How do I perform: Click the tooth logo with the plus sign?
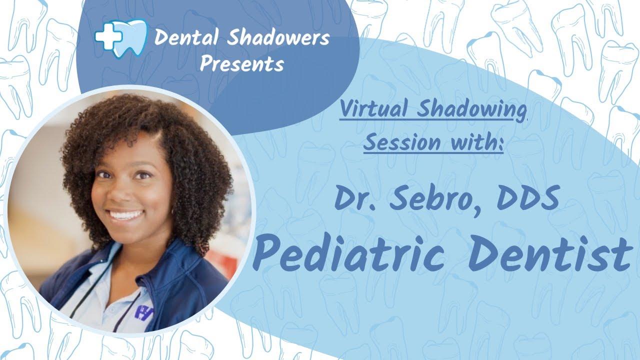point(121,38)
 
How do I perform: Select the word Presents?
point(242,64)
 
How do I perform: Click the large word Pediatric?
point(348,253)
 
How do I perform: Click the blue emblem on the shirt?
point(143,311)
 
